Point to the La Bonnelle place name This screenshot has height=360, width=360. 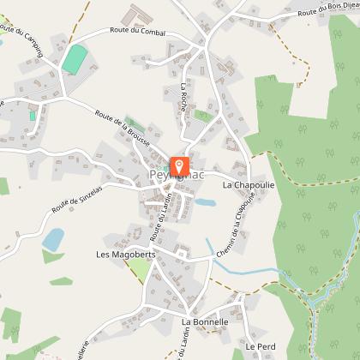coord(205,322)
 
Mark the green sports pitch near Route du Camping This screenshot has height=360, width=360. coord(75,59)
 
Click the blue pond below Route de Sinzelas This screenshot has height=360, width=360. coord(53,237)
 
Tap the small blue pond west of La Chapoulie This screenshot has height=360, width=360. coord(206,203)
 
